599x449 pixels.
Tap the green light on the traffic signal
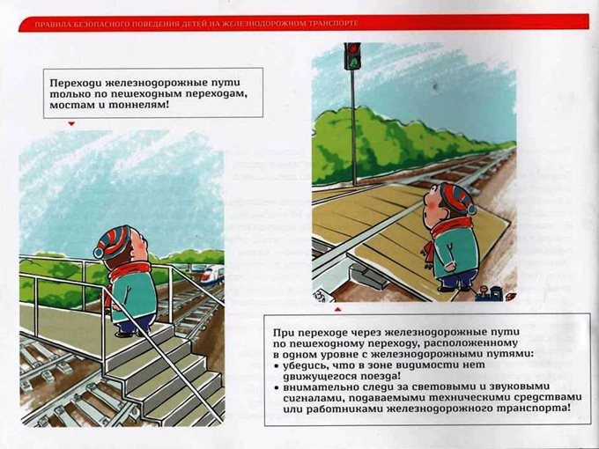pos(354,62)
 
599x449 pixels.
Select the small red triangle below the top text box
pos(71,124)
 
